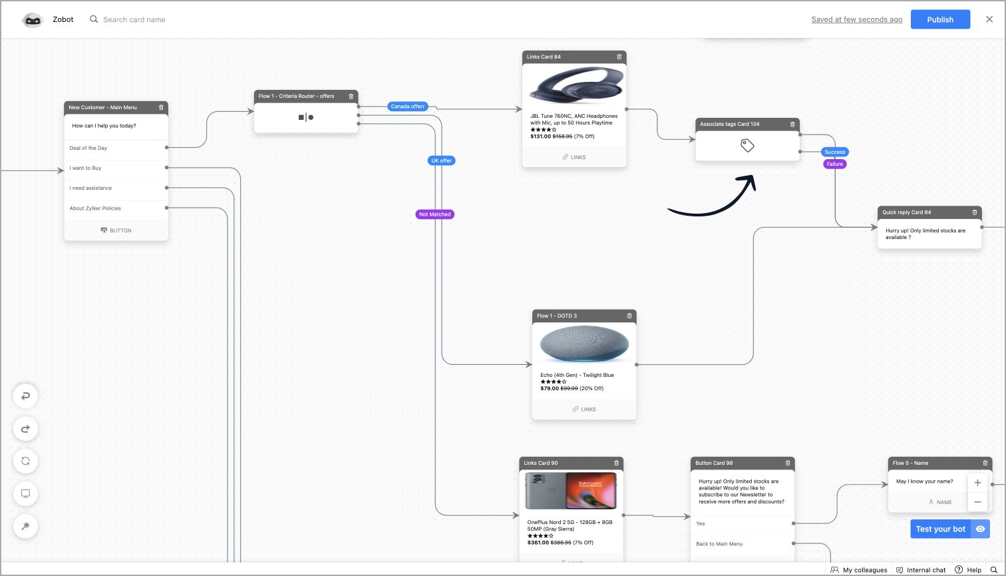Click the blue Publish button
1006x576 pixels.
(x=940, y=19)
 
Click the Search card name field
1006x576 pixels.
(x=134, y=19)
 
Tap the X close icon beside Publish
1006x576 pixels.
(x=989, y=19)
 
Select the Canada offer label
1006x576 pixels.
(x=407, y=107)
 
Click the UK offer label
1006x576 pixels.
(x=441, y=160)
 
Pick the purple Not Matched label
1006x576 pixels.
(x=434, y=214)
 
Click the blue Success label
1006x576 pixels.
(x=834, y=152)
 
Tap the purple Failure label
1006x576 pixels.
(x=834, y=164)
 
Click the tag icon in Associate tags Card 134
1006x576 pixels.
(x=747, y=145)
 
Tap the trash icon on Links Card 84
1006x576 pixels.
(x=619, y=57)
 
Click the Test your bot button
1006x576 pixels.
(x=940, y=529)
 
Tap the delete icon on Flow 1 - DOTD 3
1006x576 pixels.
(x=629, y=316)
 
